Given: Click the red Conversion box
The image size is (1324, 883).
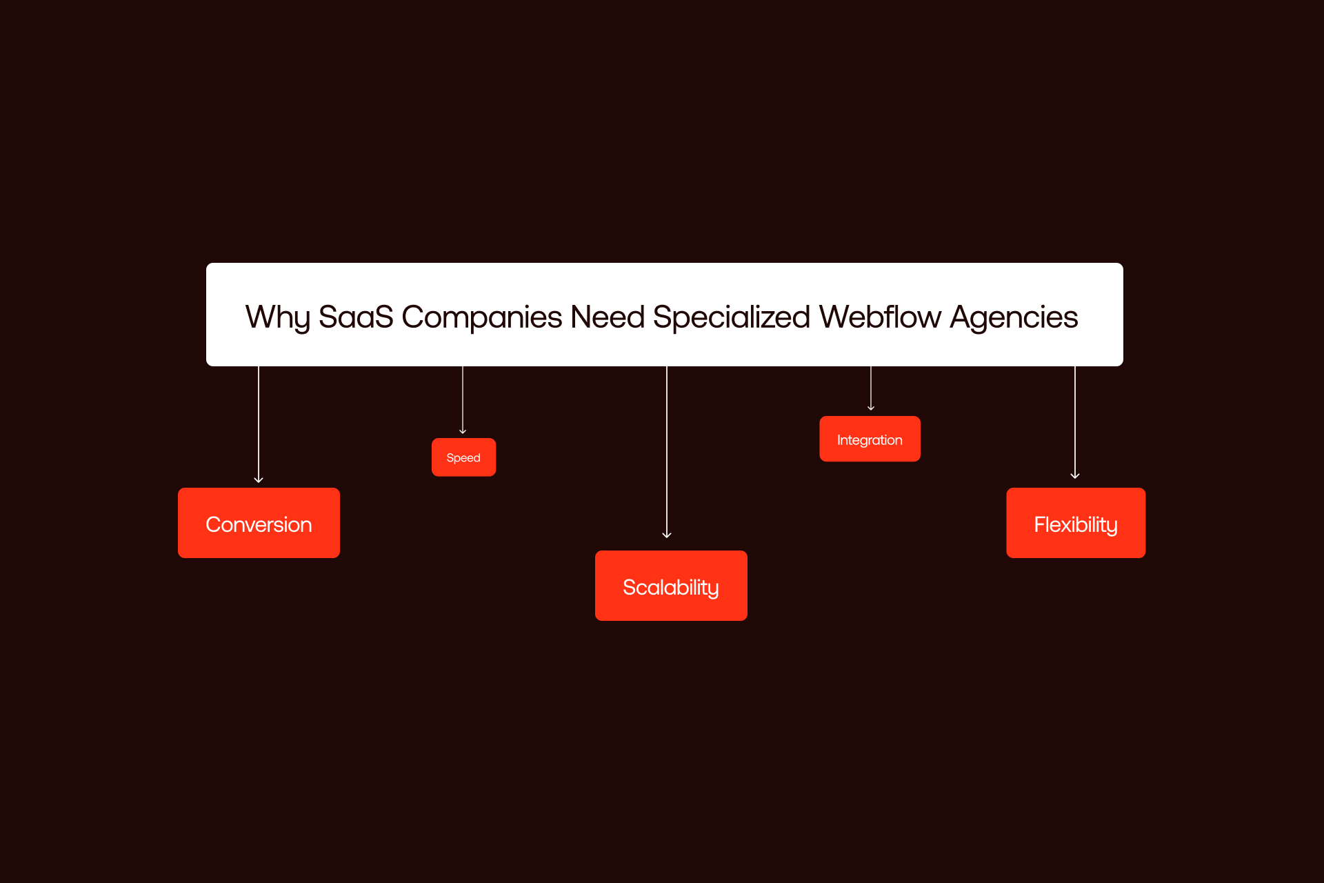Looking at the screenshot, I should coord(259,523).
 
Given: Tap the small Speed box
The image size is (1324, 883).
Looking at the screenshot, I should coord(463,457).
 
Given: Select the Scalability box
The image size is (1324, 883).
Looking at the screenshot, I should coord(671,586).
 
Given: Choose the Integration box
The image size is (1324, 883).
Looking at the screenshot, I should coord(870,439).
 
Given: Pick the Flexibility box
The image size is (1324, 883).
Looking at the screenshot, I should coord(1076,523).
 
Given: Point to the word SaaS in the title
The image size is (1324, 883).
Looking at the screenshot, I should coord(355,317).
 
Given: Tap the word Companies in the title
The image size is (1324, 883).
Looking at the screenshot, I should coord(481,317).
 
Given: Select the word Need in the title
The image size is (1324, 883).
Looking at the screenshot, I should coord(608,317).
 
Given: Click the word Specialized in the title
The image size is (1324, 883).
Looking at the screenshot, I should coord(731,317).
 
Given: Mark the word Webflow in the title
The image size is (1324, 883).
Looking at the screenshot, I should coord(879,317).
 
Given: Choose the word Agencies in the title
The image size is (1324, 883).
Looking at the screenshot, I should coord(1013,317).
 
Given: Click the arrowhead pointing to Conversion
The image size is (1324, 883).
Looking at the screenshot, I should coord(259,479).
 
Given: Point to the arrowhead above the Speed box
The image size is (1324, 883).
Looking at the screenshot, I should coord(463,430).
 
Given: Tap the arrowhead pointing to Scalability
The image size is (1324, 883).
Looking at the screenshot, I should coord(667,535).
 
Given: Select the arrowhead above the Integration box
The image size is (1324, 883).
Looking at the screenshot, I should coord(871,408).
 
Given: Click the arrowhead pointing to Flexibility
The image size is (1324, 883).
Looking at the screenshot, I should coord(1075,475).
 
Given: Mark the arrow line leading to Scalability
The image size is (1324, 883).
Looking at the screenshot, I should coord(667,448).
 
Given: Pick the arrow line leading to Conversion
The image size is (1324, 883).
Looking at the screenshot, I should coord(259,421).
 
